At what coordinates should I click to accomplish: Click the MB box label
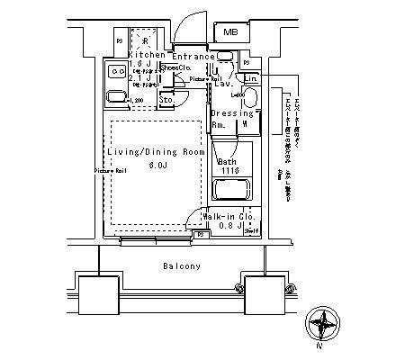point(230,33)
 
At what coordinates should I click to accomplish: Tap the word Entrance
point(192,56)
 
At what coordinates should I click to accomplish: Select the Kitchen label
point(146,56)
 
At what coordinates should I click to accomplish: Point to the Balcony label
point(182,266)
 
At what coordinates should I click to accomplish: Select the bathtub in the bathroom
point(231,190)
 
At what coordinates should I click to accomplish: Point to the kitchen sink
point(116,97)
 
